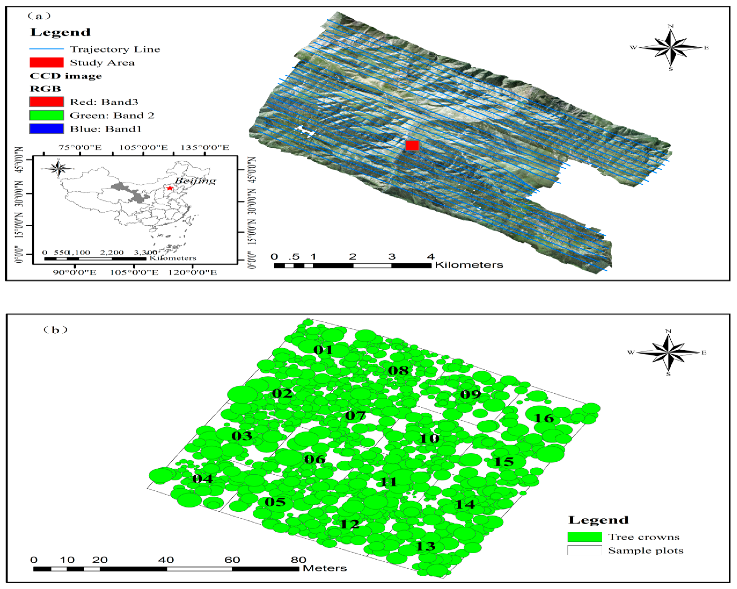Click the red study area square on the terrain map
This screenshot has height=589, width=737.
coord(412,145)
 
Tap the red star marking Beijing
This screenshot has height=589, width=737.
coord(170,188)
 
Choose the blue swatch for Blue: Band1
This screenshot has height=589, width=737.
coord(47,129)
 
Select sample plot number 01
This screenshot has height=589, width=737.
coord(323,350)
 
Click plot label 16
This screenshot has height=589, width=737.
coord(544,418)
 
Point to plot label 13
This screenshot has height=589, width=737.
coord(426,546)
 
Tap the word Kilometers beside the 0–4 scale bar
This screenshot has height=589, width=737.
coord(469,265)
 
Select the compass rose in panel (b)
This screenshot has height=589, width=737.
coord(668,352)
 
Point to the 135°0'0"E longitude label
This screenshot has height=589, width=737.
coord(205,147)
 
